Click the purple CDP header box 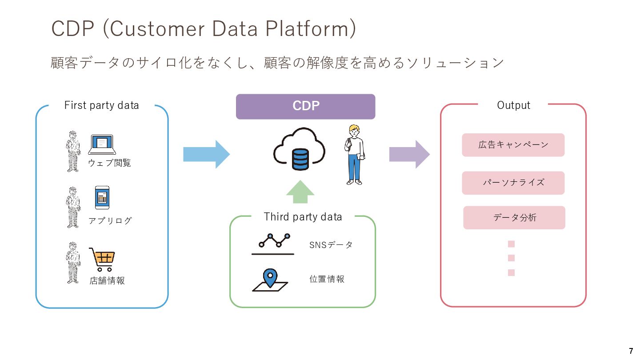click(305, 107)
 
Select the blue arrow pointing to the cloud click(206, 154)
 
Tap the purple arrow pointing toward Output click(409, 154)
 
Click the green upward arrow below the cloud click(300, 192)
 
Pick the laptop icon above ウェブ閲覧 click(102, 144)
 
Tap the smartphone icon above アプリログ click(102, 198)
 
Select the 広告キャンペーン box click(513, 145)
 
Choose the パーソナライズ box click(513, 183)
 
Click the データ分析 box click(514, 218)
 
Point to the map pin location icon click(270, 280)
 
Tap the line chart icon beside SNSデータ click(273, 244)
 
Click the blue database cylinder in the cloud click(300, 160)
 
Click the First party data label click(102, 105)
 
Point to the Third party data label click(303, 217)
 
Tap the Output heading click(513, 105)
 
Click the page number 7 click(631, 351)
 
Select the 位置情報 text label click(327, 279)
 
